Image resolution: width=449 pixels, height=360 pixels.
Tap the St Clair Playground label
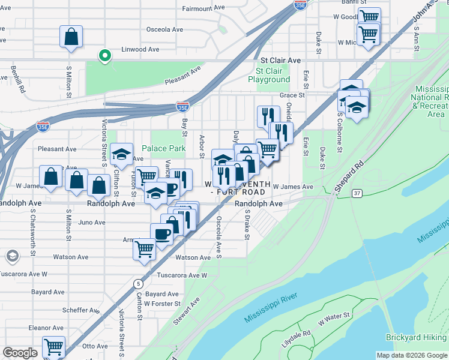tap(269, 75)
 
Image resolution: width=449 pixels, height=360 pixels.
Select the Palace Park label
tap(163, 148)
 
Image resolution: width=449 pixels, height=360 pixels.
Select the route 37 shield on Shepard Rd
tap(358, 193)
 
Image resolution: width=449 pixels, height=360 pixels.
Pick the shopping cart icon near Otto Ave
tap(53, 346)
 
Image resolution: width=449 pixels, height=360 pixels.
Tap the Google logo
tap(20, 353)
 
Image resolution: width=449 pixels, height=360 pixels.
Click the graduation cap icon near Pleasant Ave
tap(122, 155)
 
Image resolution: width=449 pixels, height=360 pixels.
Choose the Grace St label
tap(292, 95)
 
